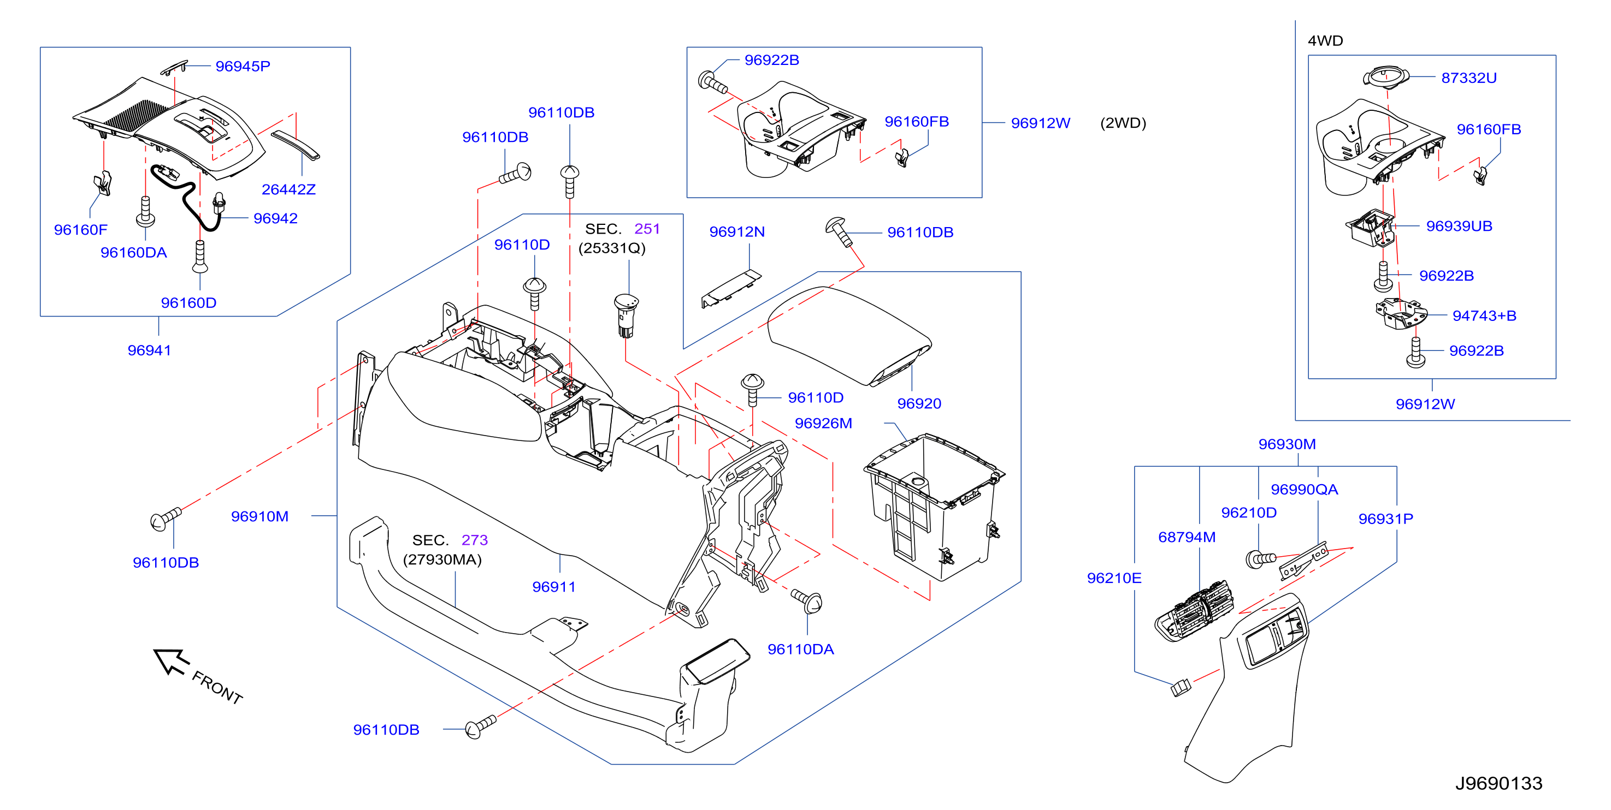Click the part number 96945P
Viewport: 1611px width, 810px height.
[243, 66]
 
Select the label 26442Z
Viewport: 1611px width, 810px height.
[288, 189]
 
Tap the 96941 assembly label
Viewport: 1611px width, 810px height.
[150, 350]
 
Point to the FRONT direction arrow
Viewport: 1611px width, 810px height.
[171, 661]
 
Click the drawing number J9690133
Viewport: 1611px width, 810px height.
[1498, 783]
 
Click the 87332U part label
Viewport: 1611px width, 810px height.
[1469, 78]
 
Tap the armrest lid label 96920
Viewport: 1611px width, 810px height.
[919, 404]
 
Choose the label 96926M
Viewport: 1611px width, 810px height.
[823, 423]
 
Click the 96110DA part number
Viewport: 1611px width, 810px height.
[800, 650]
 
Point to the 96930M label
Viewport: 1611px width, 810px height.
[1287, 444]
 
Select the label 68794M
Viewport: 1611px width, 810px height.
[1187, 537]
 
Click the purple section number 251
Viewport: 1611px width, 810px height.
[647, 229]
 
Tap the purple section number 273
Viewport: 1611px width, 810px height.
[475, 540]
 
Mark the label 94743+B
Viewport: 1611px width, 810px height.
[1484, 315]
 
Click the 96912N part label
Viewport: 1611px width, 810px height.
[737, 232]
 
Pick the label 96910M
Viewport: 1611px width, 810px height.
[259, 516]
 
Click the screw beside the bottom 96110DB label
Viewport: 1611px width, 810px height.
[480, 726]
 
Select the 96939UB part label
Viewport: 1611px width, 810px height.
[1459, 227]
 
